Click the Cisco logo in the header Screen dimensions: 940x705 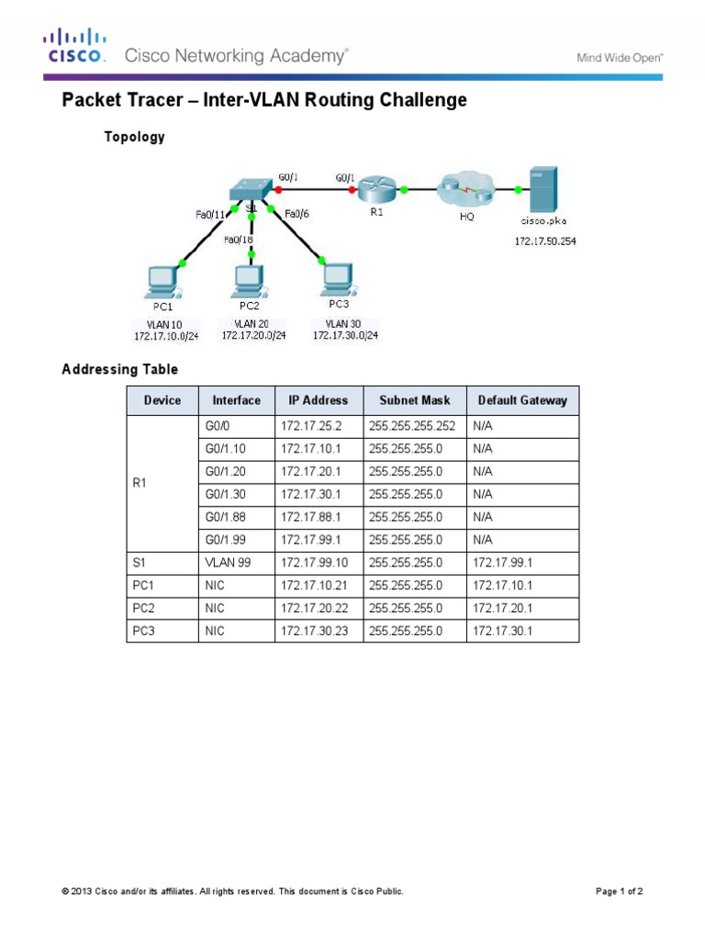(x=75, y=48)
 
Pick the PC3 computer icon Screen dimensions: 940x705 (x=339, y=278)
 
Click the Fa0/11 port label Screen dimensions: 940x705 (x=210, y=215)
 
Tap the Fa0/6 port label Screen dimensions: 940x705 (x=296, y=215)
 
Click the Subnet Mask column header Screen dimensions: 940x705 (x=415, y=400)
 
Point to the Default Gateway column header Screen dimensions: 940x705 (x=522, y=400)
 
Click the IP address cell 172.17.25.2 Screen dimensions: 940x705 (x=308, y=427)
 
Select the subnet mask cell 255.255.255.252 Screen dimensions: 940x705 (x=412, y=427)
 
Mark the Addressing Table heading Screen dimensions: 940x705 (x=119, y=369)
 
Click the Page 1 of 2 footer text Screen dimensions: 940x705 (x=620, y=891)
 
